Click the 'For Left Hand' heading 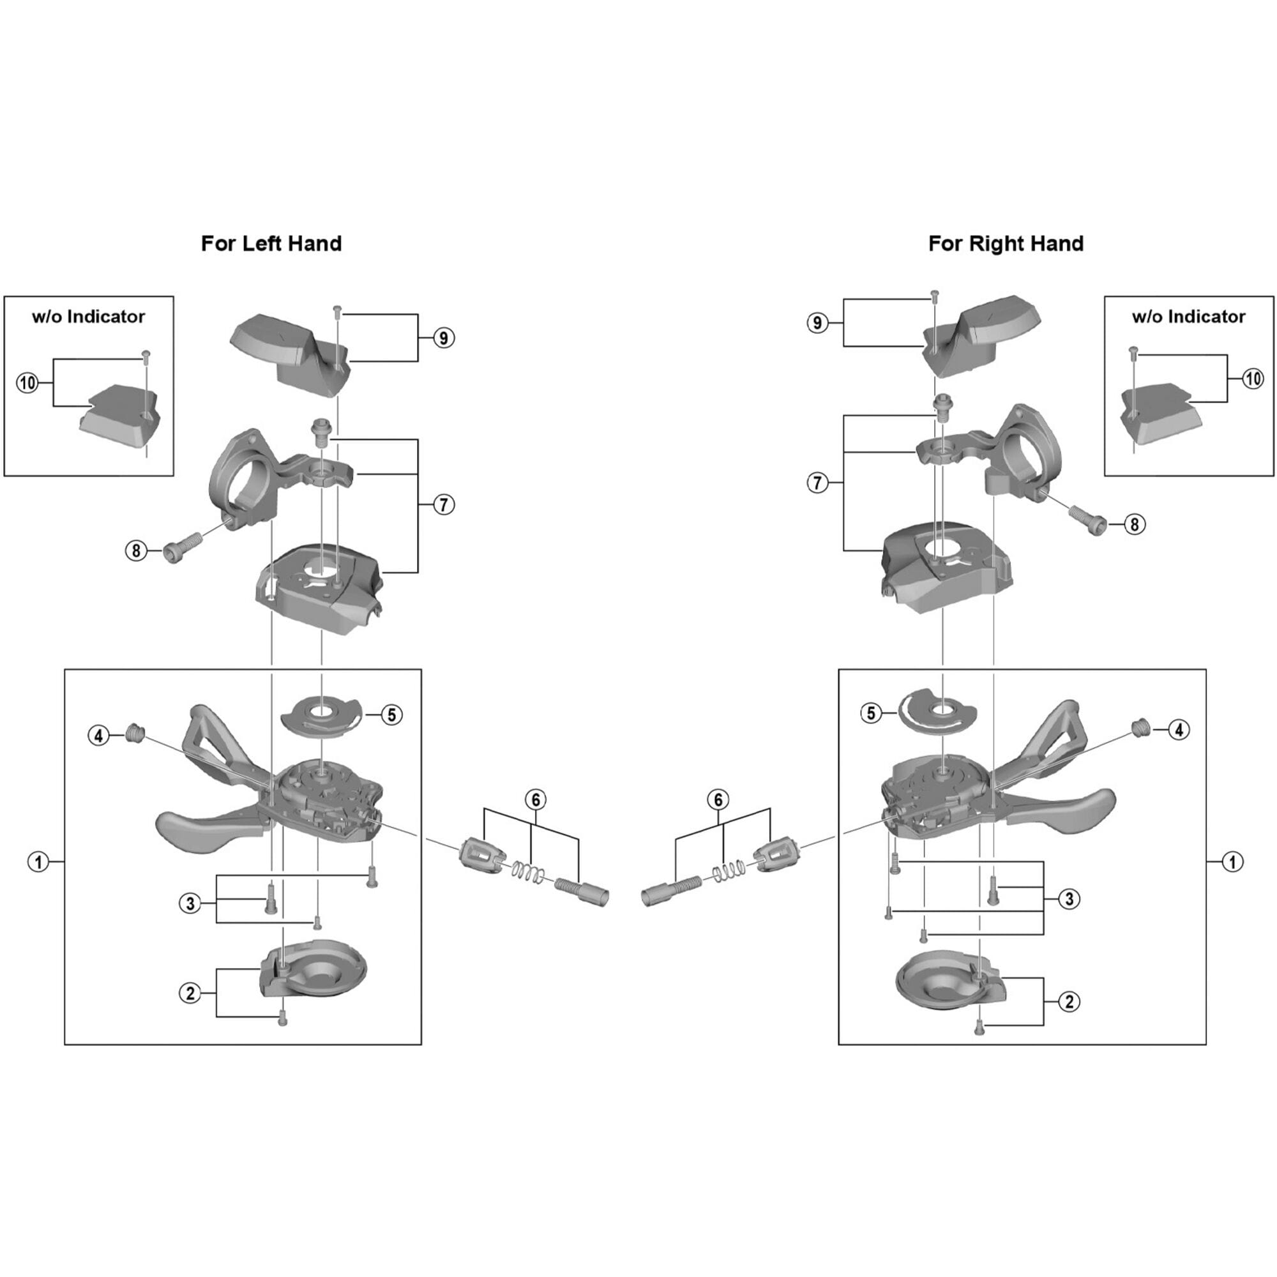[x=271, y=244]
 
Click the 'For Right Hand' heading [x=1006, y=244]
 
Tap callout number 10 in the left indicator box [x=27, y=382]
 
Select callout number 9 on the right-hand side [x=818, y=322]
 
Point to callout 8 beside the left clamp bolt [x=136, y=550]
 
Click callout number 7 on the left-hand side [x=444, y=505]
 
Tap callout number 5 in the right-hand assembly [x=871, y=713]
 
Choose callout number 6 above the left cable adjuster [x=536, y=800]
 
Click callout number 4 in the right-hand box [x=1179, y=730]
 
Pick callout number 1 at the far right [x=1232, y=862]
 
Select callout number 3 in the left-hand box [x=190, y=903]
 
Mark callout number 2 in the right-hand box [x=1069, y=1001]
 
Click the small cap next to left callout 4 [x=134, y=731]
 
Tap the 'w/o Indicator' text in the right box [x=1188, y=317]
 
